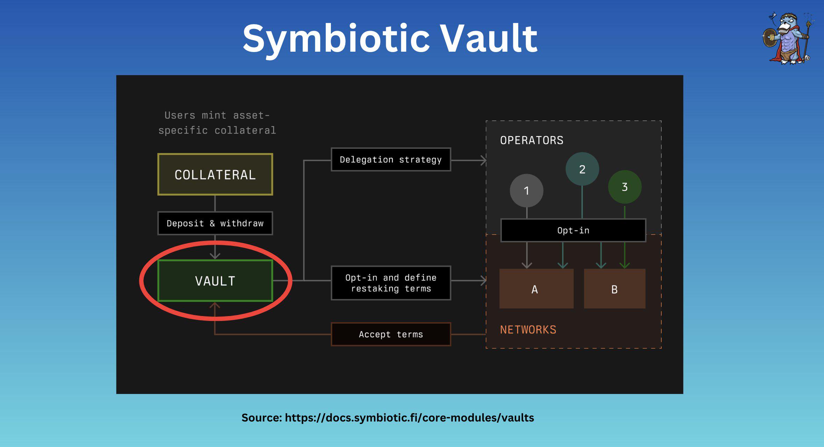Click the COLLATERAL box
pyautogui.click(x=215, y=174)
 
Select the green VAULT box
pyautogui.click(x=215, y=280)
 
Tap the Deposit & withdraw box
pyautogui.click(x=215, y=223)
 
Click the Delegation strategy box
pyautogui.click(x=391, y=160)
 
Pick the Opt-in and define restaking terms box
pyautogui.click(x=391, y=283)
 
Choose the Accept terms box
pyautogui.click(x=391, y=334)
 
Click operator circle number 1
pyautogui.click(x=526, y=191)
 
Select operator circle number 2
pyautogui.click(x=582, y=169)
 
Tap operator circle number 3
pyautogui.click(x=625, y=187)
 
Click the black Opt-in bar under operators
pyautogui.click(x=573, y=230)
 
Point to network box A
pyautogui.click(x=536, y=288)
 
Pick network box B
pyautogui.click(x=615, y=288)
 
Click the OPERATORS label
pyautogui.click(x=532, y=140)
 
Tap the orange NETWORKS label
pyautogui.click(x=528, y=330)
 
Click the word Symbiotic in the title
pyautogui.click(x=336, y=39)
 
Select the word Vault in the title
pyautogui.click(x=489, y=38)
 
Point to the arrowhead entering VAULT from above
pyautogui.click(x=215, y=256)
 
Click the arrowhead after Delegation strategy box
pyautogui.click(x=483, y=160)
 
